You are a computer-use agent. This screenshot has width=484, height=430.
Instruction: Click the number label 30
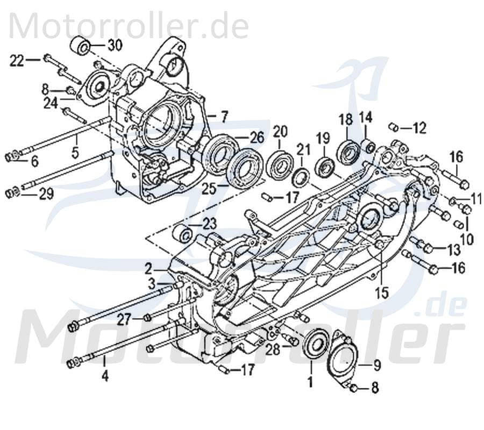coord(115,45)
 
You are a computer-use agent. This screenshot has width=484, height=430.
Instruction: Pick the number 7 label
coord(224,116)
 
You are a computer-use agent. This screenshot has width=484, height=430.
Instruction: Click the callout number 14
coord(366,117)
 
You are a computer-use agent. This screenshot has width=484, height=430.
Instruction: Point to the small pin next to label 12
coord(394,127)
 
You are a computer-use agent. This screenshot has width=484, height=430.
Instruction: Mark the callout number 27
coord(125,320)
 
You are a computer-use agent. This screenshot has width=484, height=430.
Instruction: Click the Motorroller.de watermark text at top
coord(129,25)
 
